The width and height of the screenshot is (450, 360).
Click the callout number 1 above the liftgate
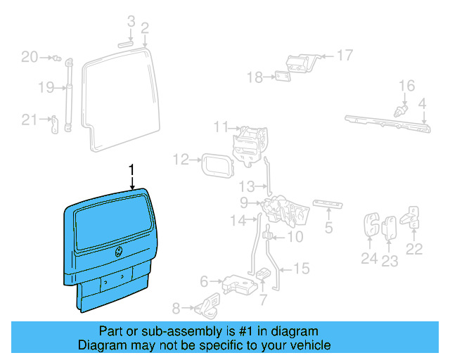(x=131, y=169)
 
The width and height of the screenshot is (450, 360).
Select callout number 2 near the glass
(x=145, y=28)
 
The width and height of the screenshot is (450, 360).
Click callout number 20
(x=29, y=57)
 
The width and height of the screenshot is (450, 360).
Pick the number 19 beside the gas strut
(x=46, y=88)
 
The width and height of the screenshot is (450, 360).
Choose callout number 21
(x=29, y=120)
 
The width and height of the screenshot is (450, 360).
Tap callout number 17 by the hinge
(x=345, y=55)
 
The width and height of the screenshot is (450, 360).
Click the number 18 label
(x=254, y=77)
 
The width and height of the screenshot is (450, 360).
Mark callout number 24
(x=369, y=259)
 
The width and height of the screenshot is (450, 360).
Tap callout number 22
(x=415, y=248)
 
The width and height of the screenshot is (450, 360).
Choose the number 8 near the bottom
(x=176, y=307)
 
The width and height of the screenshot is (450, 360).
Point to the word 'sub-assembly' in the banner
(x=167, y=331)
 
